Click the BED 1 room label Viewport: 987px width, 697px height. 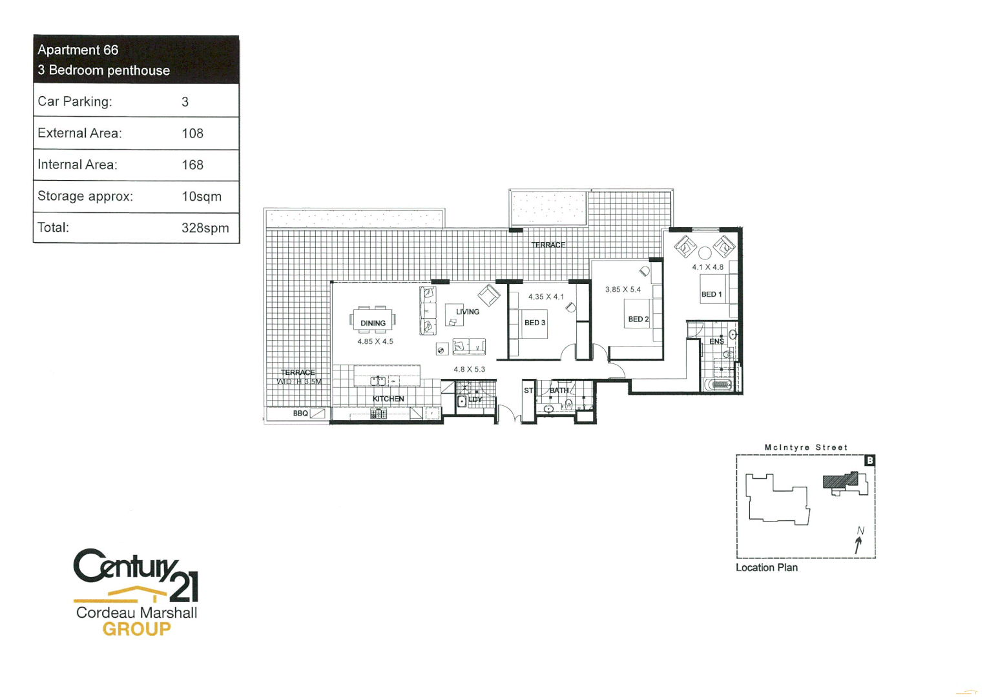tap(711, 294)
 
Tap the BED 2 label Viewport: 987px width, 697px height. tap(638, 319)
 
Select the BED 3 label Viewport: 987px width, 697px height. tap(535, 323)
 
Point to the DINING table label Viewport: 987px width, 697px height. tap(373, 323)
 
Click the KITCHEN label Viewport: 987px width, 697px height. tap(388, 399)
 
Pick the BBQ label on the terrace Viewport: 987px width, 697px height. tap(300, 413)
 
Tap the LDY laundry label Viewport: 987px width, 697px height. tap(475, 399)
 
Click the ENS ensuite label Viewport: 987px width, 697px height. tap(716, 341)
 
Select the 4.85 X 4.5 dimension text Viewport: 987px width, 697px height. tap(375, 341)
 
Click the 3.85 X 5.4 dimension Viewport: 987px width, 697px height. tap(623, 290)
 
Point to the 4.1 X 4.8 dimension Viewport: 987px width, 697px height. tap(708, 267)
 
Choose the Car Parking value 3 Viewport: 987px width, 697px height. tap(185, 102)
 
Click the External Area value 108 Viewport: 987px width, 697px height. tap(192, 134)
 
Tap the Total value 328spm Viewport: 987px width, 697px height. tap(205, 228)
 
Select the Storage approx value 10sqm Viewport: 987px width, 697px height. tap(202, 196)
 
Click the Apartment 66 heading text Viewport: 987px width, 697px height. tap(78, 50)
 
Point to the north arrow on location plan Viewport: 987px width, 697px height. tap(858, 542)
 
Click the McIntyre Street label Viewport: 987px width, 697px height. tap(805, 447)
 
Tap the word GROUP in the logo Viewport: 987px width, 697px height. tap(137, 629)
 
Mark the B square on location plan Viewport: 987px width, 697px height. tap(869, 461)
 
